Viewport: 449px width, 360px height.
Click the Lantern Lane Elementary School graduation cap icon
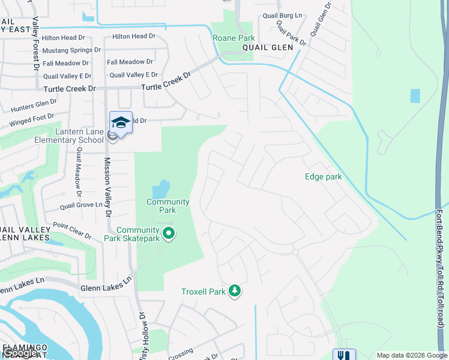(121, 122)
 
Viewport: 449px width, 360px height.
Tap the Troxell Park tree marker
(235, 292)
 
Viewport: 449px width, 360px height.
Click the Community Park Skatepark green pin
(169, 233)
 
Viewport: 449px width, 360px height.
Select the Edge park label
(323, 176)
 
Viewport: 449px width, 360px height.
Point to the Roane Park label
(234, 38)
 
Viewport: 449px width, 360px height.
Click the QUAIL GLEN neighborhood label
(267, 47)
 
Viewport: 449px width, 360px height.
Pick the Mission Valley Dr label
(108, 187)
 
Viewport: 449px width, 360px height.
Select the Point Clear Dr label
(72, 230)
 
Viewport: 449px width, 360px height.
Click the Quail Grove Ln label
(81, 206)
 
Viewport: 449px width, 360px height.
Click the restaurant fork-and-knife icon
(344, 355)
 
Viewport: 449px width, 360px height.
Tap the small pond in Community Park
(161, 190)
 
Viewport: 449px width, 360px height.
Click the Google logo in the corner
(19, 353)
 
